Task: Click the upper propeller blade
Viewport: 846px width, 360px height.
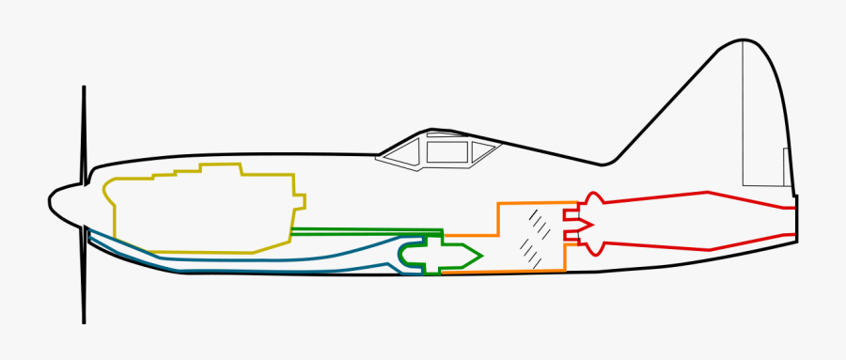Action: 85,132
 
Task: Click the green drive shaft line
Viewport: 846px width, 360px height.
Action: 367,230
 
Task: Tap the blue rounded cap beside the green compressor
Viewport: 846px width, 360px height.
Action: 407,255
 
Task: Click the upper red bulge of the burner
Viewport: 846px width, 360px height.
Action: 591,199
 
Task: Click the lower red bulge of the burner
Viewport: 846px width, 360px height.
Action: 591,248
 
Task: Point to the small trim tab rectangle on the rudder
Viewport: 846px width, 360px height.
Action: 787,169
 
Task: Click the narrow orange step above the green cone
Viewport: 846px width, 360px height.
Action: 470,235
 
